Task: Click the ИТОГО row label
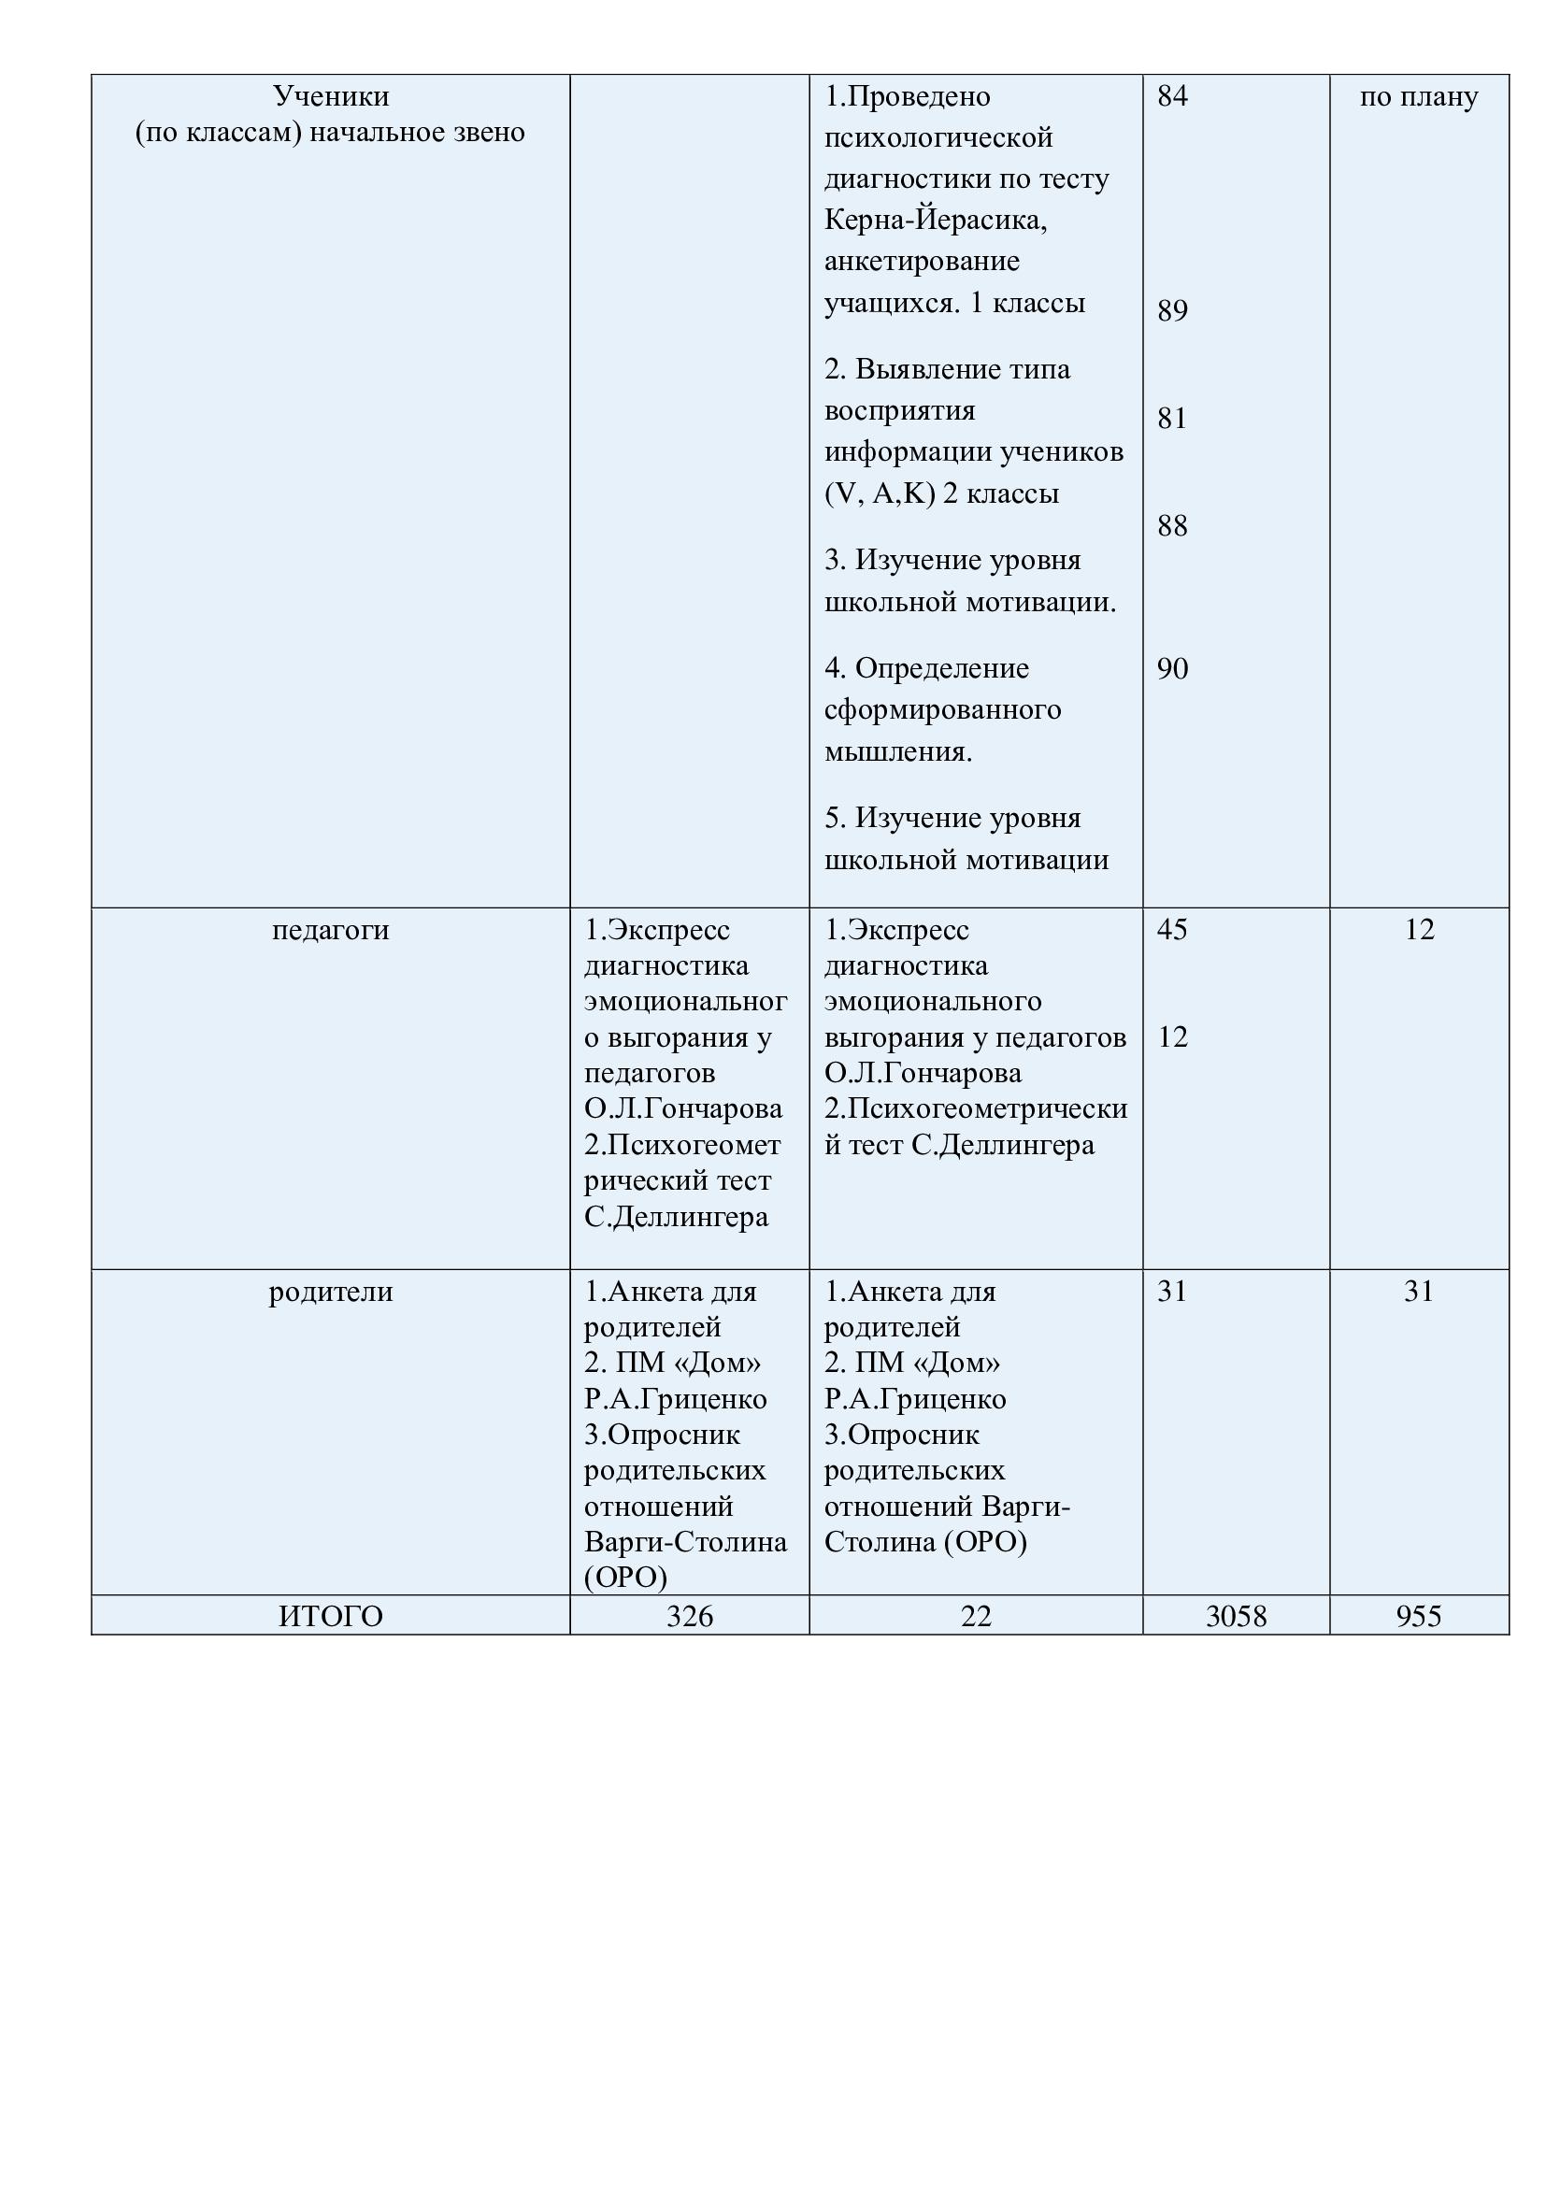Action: click(330, 1616)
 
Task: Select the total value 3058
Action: click(1236, 1616)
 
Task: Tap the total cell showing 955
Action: click(1419, 1616)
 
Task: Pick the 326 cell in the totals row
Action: click(689, 1616)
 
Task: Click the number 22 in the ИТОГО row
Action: click(976, 1616)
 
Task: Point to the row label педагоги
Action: click(330, 929)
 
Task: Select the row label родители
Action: click(330, 1291)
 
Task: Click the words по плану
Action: click(1419, 97)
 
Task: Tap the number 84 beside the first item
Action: click(1172, 95)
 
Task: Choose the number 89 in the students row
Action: click(1172, 310)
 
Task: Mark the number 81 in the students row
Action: click(1172, 418)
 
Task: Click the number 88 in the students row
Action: click(1172, 525)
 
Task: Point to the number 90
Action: click(1172, 668)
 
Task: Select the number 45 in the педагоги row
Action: click(1172, 929)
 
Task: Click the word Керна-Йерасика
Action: click(935, 220)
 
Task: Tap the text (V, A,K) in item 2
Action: click(880, 493)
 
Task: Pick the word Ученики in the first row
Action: click(330, 96)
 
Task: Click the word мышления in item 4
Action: click(895, 751)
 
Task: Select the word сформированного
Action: click(942, 709)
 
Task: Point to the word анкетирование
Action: click(922, 261)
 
